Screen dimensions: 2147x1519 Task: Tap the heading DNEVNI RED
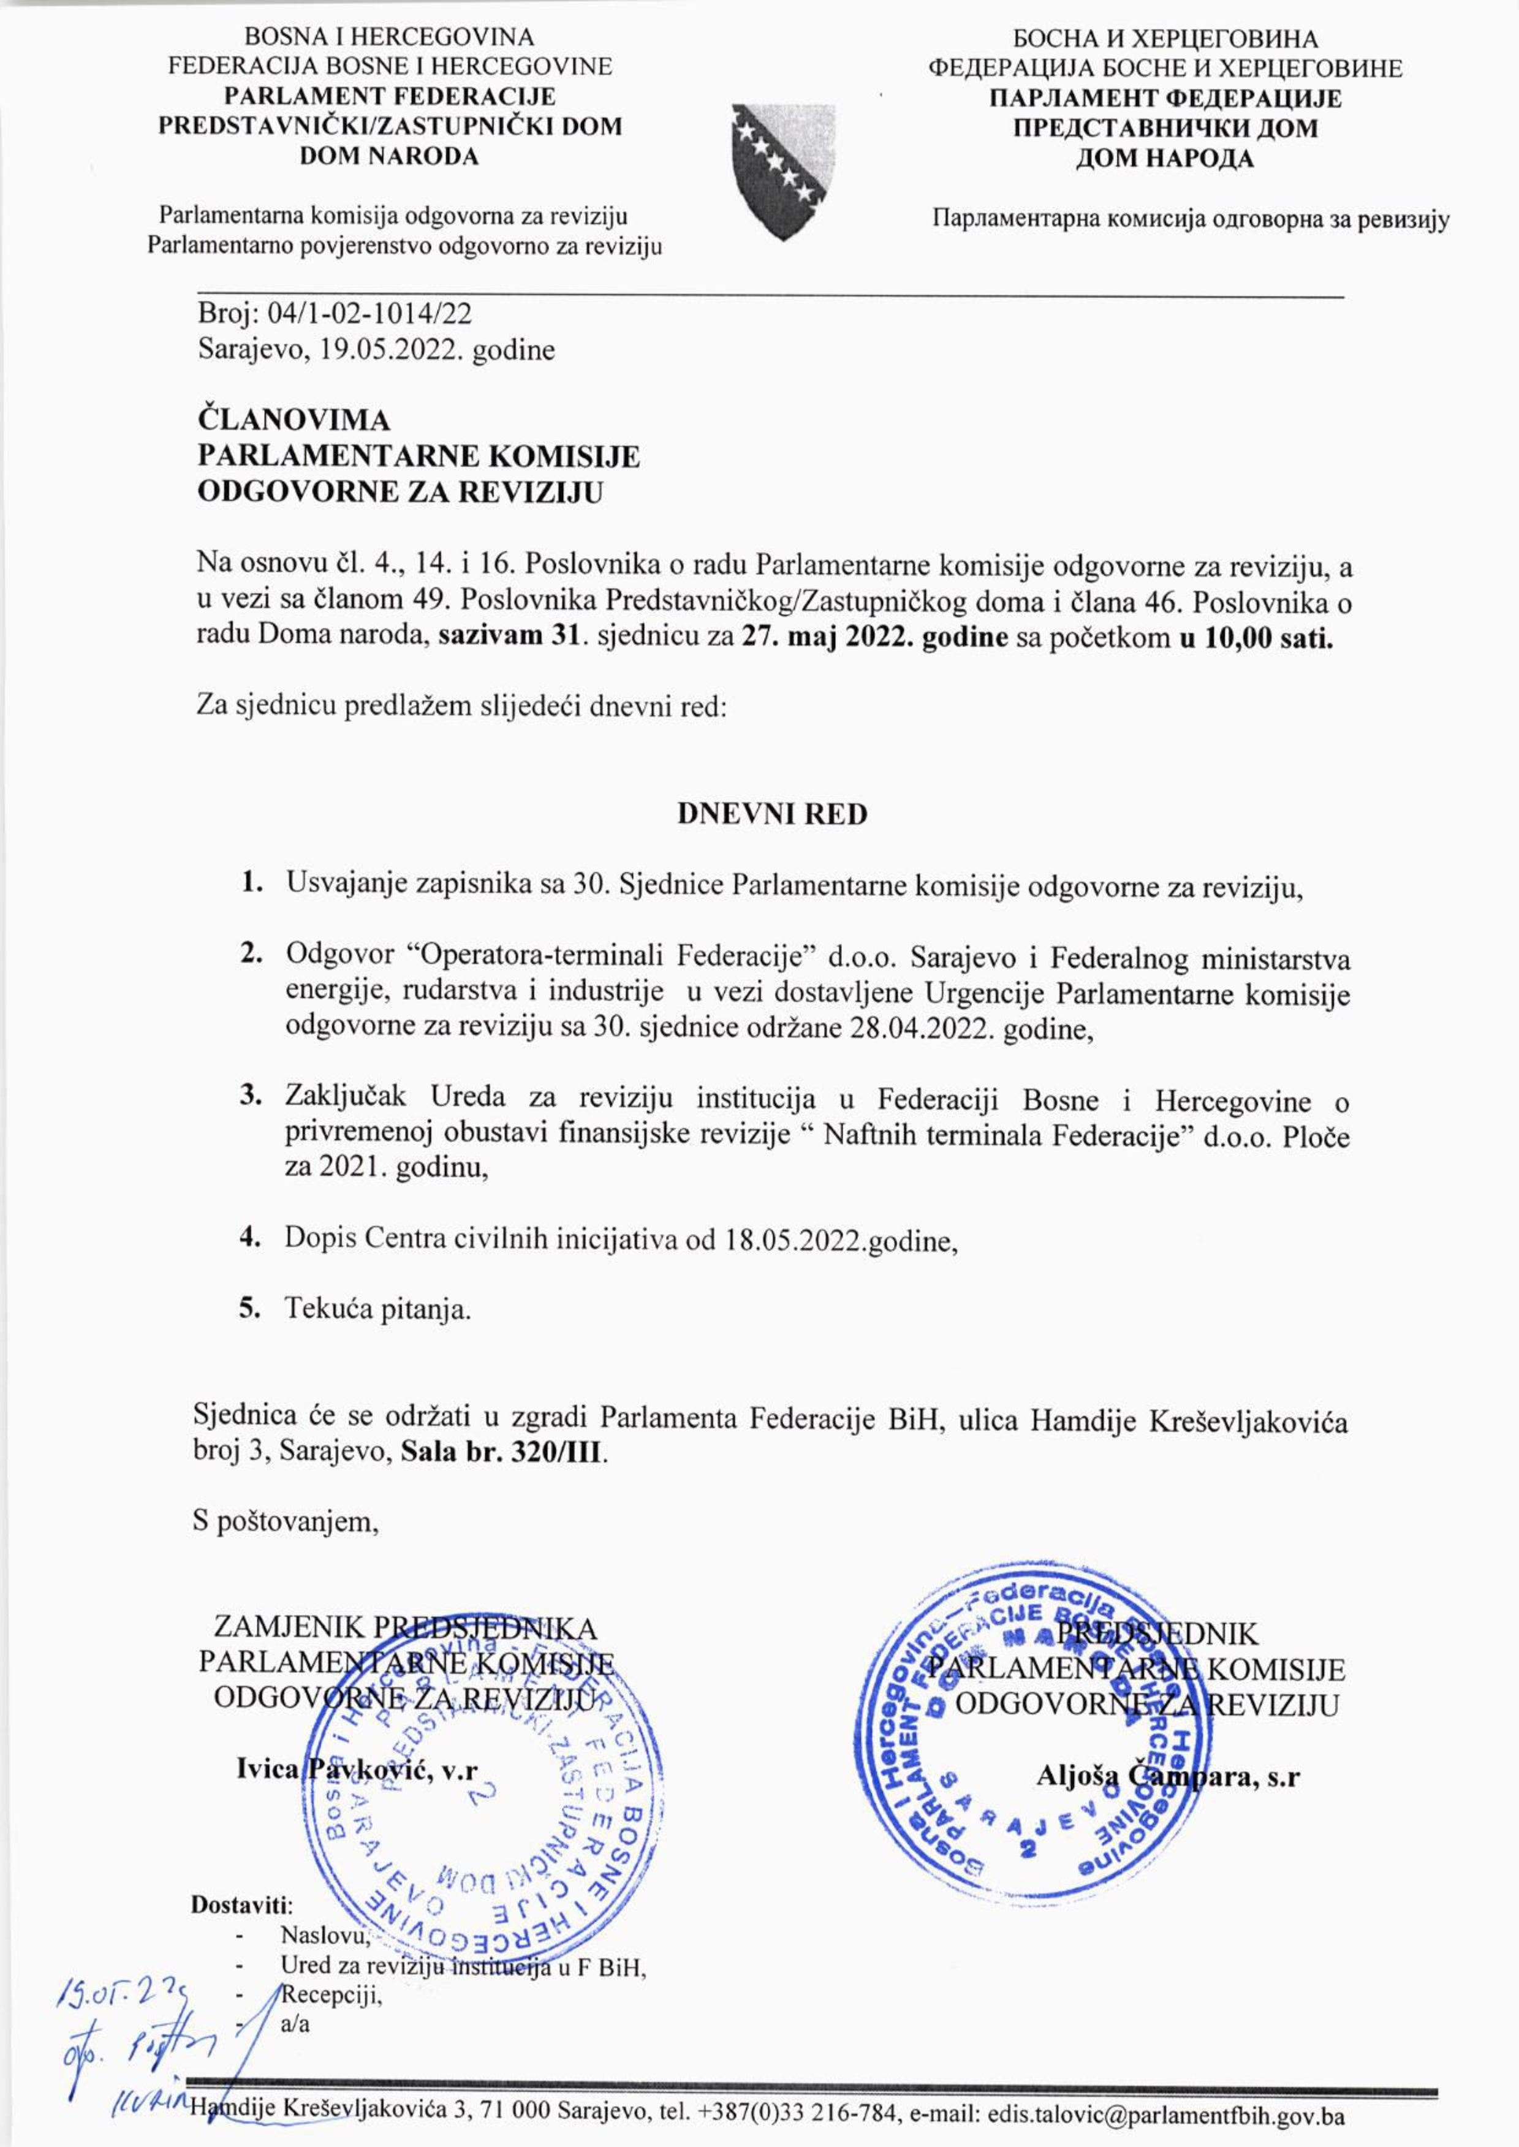click(x=771, y=814)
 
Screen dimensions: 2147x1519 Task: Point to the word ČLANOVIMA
click(x=294, y=420)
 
